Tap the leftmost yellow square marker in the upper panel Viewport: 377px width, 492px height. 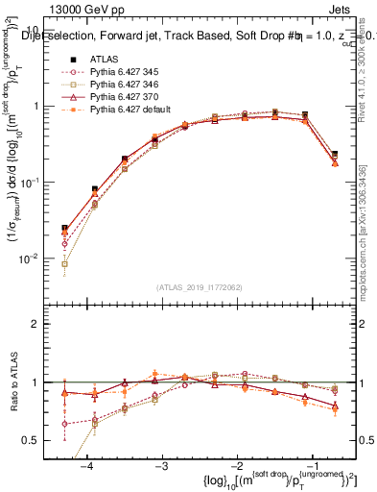click(x=64, y=262)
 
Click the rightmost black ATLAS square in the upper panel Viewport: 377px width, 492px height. click(x=335, y=154)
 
